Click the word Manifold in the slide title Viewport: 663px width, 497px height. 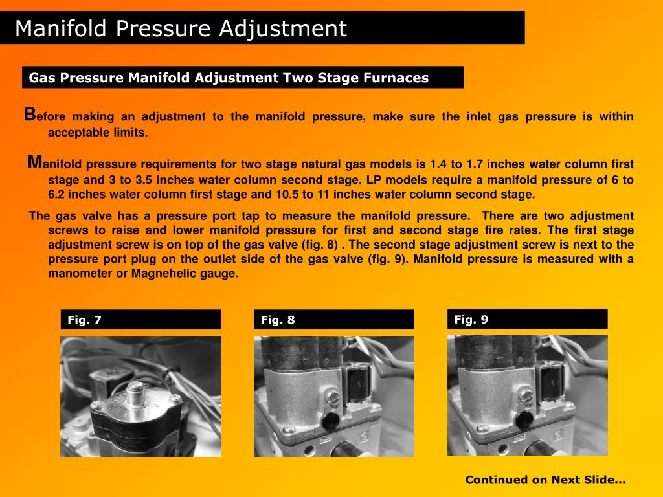click(60, 28)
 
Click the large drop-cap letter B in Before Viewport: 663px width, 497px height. click(30, 115)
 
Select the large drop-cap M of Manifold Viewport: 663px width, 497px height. click(35, 162)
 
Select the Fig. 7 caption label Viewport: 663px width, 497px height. click(85, 320)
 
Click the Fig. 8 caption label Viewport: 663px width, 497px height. click(278, 320)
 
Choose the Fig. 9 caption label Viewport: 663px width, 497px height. click(471, 320)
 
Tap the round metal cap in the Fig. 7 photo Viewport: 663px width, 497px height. click(135, 393)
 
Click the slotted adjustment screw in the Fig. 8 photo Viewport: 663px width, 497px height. click(333, 397)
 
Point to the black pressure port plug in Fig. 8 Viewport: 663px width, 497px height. click(330, 421)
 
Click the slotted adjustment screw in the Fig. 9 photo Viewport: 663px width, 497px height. click(526, 396)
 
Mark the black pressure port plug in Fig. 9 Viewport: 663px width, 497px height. click(524, 420)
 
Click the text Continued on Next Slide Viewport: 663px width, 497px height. click(545, 480)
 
